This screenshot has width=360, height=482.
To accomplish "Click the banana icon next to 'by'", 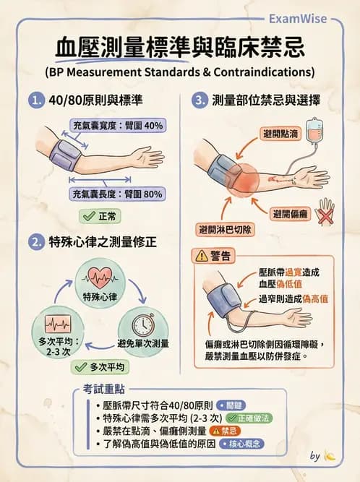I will coord(331,457).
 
